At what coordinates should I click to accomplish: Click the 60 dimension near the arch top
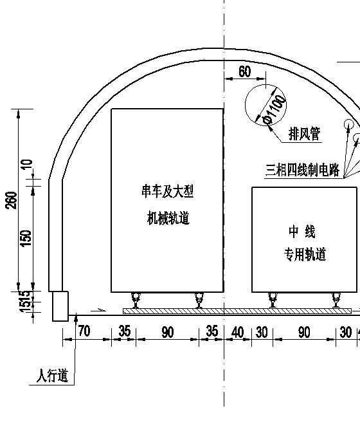pyautogui.click(x=244, y=71)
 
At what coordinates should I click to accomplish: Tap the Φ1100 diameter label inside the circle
pyautogui.click(x=274, y=109)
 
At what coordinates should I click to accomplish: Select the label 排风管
pyautogui.click(x=304, y=134)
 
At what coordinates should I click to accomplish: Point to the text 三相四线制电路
pyautogui.click(x=302, y=170)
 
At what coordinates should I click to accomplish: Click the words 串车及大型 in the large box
pyautogui.click(x=167, y=191)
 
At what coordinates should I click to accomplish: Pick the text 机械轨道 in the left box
pyautogui.click(x=168, y=217)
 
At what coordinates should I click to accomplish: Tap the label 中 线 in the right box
pyautogui.click(x=301, y=232)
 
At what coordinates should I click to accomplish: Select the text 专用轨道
pyautogui.click(x=305, y=254)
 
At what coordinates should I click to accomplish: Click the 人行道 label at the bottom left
pyautogui.click(x=52, y=375)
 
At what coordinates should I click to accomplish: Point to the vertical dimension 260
pyautogui.click(x=12, y=200)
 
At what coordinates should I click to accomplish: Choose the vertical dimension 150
pyautogui.click(x=26, y=238)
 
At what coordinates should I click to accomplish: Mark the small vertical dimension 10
pyautogui.click(x=27, y=165)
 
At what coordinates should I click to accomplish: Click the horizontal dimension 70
pyautogui.click(x=84, y=331)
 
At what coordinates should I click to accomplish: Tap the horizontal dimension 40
pyautogui.click(x=238, y=332)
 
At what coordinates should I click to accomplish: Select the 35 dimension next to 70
pyautogui.click(x=125, y=331)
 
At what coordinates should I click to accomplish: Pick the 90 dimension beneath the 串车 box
pyautogui.click(x=167, y=332)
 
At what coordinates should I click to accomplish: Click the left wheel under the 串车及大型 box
pyautogui.click(x=136, y=300)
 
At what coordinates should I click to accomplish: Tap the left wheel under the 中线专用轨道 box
pyautogui.click(x=273, y=300)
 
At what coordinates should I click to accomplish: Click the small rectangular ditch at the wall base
pyautogui.click(x=60, y=306)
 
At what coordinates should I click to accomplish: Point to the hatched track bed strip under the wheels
pyautogui.click(x=237, y=311)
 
